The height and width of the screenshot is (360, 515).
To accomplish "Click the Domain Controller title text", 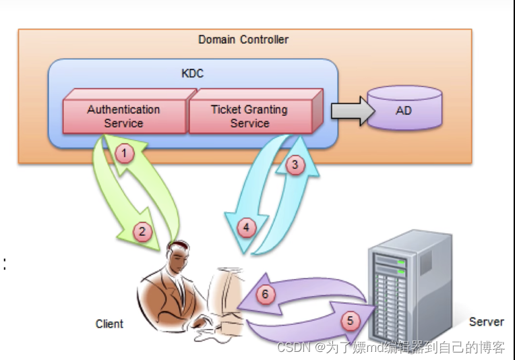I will tap(243, 40).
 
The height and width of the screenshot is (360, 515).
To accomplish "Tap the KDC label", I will tap(193, 73).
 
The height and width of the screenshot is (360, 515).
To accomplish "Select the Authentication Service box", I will tap(123, 116).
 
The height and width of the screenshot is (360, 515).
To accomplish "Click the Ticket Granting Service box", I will tap(249, 116).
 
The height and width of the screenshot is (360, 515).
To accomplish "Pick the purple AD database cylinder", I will tap(403, 109).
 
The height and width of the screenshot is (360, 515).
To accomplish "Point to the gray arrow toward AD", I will tap(351, 110).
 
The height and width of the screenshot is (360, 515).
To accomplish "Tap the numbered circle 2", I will tap(142, 233).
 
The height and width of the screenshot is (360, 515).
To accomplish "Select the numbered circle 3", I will tap(293, 164).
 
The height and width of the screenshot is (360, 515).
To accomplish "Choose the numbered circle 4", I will tap(246, 228).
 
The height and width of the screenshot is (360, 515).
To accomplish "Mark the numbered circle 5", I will tap(350, 320).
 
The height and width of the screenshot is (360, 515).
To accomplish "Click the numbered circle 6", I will tap(266, 294).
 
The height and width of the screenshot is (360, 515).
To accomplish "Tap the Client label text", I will tap(109, 324).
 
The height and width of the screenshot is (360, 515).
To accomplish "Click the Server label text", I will tap(486, 322).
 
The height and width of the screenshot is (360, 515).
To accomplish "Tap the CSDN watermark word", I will tap(292, 348).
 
